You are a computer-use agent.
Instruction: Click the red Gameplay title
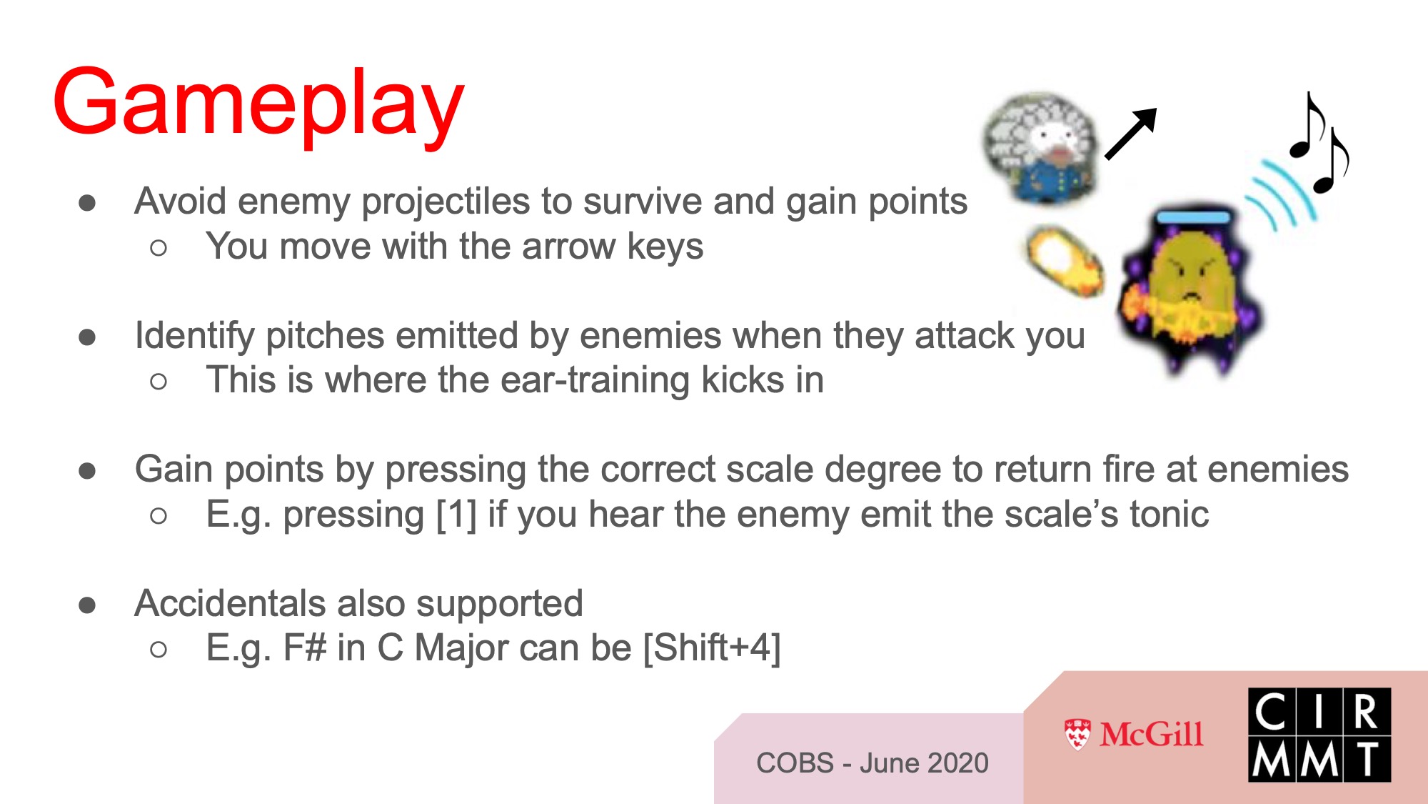click(x=258, y=104)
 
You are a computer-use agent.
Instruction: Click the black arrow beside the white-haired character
click(x=1131, y=134)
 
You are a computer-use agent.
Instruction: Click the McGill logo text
click(x=1152, y=734)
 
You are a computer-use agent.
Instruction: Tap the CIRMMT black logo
click(x=1319, y=735)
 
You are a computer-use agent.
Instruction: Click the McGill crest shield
click(x=1077, y=735)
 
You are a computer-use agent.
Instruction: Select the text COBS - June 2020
click(x=873, y=763)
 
